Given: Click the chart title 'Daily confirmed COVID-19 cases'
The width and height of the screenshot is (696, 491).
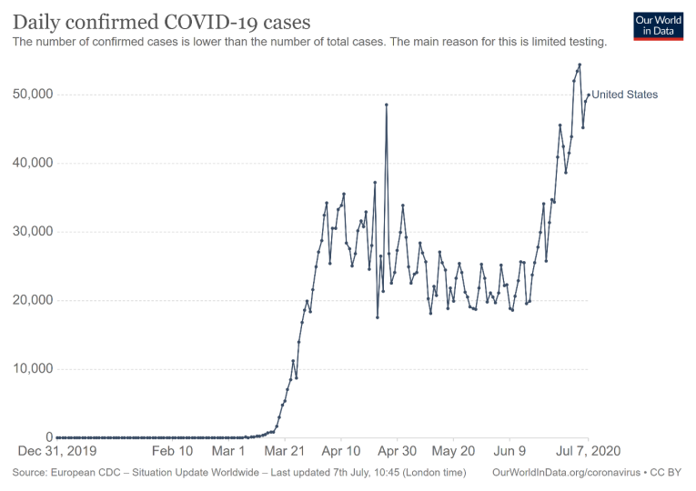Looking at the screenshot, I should tap(161, 21).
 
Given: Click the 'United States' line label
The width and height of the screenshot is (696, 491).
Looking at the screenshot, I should tap(625, 95).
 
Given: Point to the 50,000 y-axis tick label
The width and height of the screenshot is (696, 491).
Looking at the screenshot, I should tap(34, 95).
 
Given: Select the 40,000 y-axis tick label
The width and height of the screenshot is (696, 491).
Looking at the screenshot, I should tap(34, 164).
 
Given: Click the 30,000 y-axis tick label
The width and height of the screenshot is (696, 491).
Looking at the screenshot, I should tap(34, 232).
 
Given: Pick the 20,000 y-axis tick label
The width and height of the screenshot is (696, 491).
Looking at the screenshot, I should tap(34, 300).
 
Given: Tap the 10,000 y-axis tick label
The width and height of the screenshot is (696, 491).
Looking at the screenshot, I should tap(34, 369).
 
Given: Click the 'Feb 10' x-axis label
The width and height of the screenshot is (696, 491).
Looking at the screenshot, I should tap(172, 451).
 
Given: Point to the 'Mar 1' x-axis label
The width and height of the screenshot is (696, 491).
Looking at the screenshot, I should tap(229, 451).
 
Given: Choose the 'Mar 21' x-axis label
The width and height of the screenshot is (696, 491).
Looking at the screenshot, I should tap(285, 451).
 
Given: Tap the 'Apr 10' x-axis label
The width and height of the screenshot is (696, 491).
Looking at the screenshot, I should tap(341, 451).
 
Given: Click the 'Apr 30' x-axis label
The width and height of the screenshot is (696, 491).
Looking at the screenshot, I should tap(398, 451).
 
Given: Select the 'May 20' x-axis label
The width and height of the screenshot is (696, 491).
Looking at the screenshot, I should tap(454, 451).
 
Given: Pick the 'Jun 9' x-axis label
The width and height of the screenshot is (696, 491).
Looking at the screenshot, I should tap(509, 451).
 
